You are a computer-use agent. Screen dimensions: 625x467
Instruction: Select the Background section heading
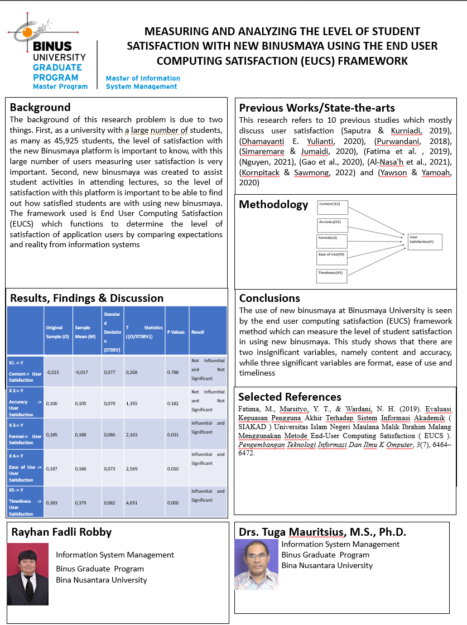pos(40,107)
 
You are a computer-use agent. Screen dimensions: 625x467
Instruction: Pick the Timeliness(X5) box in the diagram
pos(332,276)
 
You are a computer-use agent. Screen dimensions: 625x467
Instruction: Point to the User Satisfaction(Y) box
pos(425,241)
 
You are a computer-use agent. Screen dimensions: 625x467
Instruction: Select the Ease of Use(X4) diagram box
pos(332,257)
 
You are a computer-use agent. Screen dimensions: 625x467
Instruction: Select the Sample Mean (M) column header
pos(86,331)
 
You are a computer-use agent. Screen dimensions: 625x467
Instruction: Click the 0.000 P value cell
pos(174,503)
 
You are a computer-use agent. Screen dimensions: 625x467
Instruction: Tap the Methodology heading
pos(273,205)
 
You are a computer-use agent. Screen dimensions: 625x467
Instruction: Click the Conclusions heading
pos(269,298)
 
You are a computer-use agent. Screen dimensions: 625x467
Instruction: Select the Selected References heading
pos(290,397)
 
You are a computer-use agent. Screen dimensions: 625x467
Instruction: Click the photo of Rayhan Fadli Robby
pos(28,574)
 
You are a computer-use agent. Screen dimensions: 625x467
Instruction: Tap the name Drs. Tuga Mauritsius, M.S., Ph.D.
pos(322,532)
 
